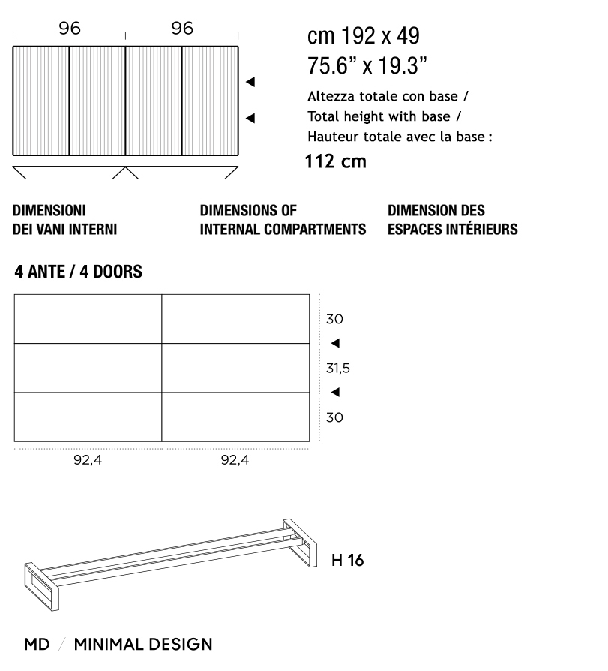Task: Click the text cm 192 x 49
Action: tap(364, 36)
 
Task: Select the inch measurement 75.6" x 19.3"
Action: tap(367, 65)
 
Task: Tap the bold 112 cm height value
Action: tap(335, 161)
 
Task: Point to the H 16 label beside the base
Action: tap(347, 560)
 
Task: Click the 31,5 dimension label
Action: tap(337, 368)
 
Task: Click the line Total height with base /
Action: tap(384, 117)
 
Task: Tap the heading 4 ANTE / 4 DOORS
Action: tap(78, 272)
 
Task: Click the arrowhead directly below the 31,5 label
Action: tap(335, 392)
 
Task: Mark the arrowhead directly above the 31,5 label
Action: tap(335, 343)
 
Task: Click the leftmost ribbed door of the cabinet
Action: tap(41, 101)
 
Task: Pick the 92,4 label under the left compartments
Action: tap(87, 460)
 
